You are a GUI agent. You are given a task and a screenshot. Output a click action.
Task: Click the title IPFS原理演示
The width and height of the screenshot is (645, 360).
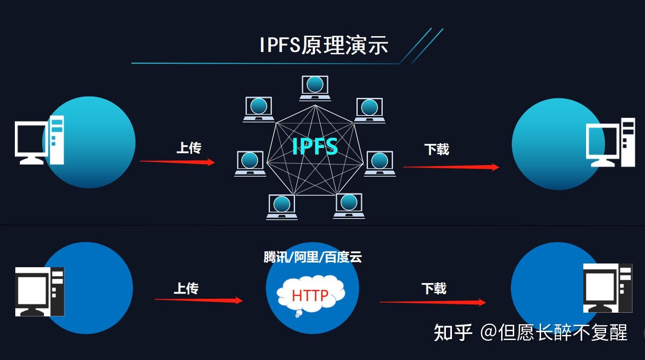point(323,45)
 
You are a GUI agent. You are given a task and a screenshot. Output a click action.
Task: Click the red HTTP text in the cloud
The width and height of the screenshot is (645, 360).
point(310,295)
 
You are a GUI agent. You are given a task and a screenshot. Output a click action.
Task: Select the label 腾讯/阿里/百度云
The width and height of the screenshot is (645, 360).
point(313,257)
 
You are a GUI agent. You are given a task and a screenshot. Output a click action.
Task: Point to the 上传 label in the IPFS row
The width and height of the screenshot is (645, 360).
point(189,148)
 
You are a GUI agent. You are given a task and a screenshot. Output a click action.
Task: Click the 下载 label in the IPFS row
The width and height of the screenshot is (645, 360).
point(437,149)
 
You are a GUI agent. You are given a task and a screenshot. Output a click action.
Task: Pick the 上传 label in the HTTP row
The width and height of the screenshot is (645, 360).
point(186,289)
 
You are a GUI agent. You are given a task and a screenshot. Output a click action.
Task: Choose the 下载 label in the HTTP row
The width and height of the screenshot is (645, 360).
point(434,289)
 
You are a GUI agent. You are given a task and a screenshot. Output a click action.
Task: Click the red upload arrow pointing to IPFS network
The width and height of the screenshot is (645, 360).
point(177,162)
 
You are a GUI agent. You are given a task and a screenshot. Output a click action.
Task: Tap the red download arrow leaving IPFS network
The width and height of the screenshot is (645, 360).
point(451,167)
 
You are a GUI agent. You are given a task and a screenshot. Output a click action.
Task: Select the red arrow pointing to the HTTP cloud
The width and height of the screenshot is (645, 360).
point(199,300)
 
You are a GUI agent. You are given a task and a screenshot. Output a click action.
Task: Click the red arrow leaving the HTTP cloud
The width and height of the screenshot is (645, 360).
point(432,302)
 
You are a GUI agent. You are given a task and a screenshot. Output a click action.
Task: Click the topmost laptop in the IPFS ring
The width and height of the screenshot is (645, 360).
point(315,87)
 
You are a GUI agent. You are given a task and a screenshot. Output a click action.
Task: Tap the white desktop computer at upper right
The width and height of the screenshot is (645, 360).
point(610,142)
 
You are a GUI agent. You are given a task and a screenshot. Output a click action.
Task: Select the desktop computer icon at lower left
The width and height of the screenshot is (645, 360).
point(39,292)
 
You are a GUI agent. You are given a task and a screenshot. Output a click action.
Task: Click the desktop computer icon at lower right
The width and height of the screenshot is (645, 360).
point(607,288)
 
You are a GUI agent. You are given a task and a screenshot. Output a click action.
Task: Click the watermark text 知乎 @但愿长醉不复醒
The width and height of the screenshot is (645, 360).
point(530,333)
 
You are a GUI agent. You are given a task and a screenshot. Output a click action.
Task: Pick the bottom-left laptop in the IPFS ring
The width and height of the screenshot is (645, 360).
point(282,206)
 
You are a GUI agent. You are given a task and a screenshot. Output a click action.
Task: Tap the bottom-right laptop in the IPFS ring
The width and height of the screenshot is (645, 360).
point(349,206)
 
